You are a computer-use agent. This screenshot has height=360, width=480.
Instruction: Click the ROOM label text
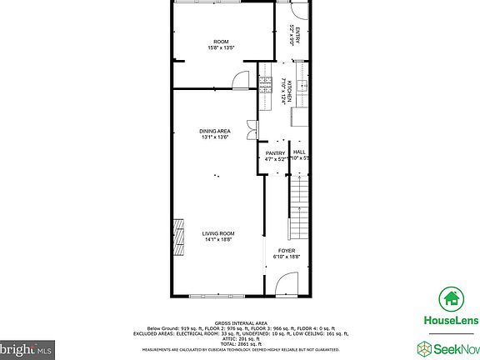(x=221, y=42)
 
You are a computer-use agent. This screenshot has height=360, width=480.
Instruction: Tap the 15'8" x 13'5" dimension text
(x=221, y=48)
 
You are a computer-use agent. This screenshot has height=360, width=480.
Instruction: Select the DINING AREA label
(x=215, y=131)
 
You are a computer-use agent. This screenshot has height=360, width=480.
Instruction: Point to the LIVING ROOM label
(x=218, y=233)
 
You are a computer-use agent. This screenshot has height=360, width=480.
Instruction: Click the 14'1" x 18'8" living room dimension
(x=218, y=240)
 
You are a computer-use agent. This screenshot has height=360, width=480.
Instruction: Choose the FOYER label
(x=286, y=250)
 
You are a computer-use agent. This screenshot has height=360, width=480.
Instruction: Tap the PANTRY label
(x=276, y=152)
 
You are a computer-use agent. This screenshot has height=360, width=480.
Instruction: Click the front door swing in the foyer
(x=286, y=286)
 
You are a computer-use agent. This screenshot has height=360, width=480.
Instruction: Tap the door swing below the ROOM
(x=240, y=79)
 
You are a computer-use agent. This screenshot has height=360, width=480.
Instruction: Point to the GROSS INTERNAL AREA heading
(x=240, y=322)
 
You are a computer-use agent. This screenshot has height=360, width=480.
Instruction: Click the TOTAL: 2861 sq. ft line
(x=240, y=342)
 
